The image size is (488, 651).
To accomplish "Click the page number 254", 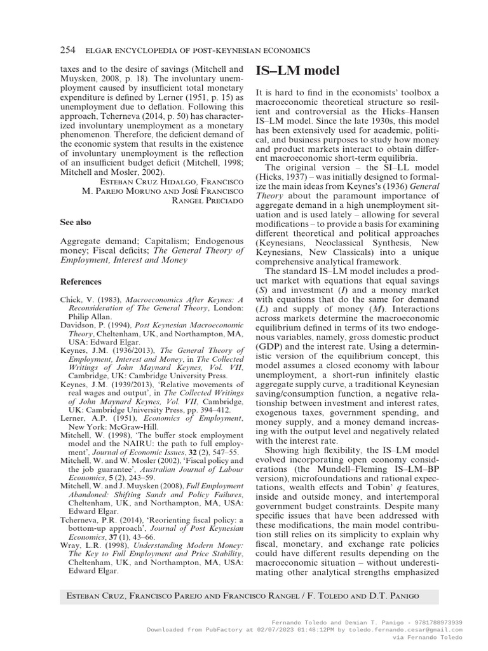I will click(x=67, y=50).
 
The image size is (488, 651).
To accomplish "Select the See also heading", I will click(x=76, y=223).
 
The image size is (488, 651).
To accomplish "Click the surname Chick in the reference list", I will click(x=72, y=299).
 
